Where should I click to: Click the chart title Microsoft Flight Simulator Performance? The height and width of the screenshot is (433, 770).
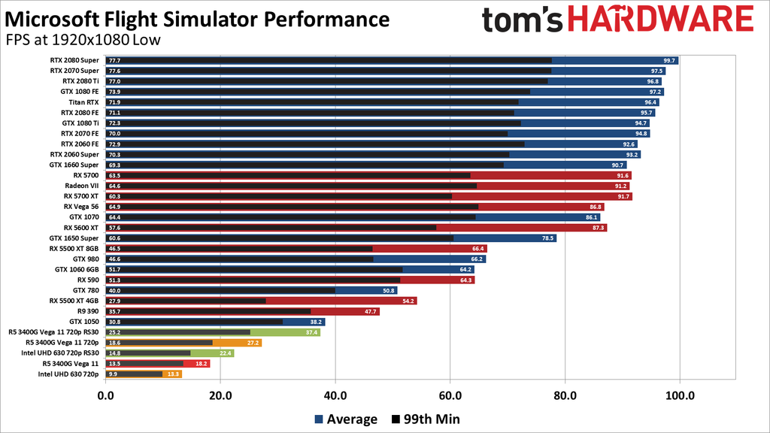[197, 18]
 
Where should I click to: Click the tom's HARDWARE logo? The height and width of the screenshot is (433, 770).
[617, 21]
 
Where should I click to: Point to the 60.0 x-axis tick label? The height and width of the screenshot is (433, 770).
[450, 394]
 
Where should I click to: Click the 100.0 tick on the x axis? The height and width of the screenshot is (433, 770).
[679, 394]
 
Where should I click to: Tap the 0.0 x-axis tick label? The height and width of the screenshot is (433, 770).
[105, 394]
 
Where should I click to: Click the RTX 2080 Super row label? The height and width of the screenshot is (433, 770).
[74, 60]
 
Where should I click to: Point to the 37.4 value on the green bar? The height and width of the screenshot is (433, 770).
[311, 332]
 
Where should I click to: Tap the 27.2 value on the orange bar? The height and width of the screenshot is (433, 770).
[253, 342]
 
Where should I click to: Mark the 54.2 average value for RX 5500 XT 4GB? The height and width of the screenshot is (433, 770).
[408, 301]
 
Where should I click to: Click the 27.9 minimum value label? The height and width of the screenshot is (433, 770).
[114, 301]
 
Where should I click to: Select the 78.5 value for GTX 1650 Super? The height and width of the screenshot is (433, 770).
[547, 238]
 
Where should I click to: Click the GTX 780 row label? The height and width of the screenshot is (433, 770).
[86, 290]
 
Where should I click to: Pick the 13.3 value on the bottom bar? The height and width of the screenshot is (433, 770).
[173, 374]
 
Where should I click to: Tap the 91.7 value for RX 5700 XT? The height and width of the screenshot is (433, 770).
[623, 196]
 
